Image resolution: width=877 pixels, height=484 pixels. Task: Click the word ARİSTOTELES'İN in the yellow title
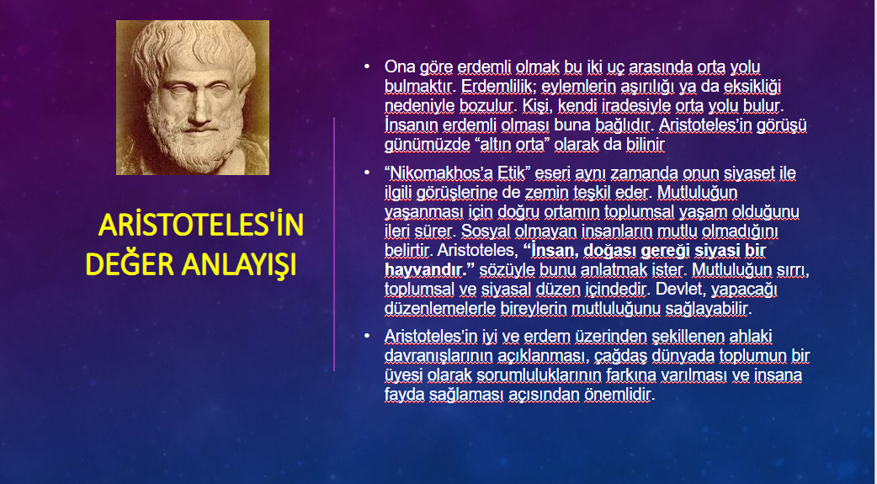coord(201,225)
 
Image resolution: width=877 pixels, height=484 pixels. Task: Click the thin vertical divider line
coord(334,244)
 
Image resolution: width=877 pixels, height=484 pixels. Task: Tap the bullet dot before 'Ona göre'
coord(367,66)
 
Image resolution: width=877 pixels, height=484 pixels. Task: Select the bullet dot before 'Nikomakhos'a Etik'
coord(367,173)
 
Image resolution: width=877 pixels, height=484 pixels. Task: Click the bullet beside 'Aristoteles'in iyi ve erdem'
coord(367,336)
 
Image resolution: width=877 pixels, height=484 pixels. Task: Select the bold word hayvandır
coord(425,269)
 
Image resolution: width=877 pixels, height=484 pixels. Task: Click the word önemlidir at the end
coord(618,395)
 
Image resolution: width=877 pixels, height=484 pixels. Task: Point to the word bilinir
coord(646,145)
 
